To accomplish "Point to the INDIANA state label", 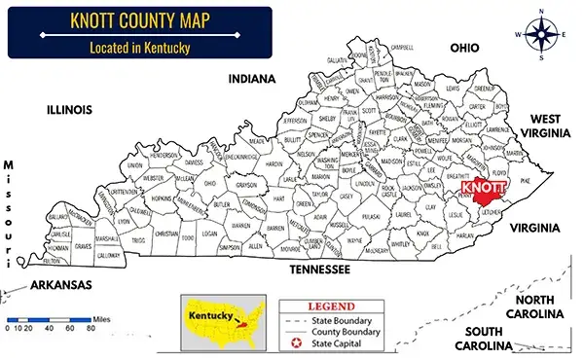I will pos(252,79).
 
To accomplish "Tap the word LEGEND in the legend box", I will pos(338,305).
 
